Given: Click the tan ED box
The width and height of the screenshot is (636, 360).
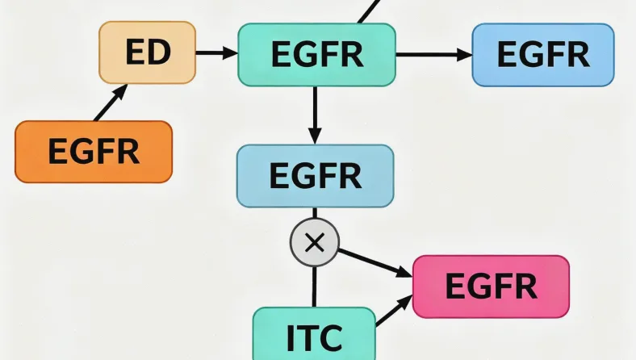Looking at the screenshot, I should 147,52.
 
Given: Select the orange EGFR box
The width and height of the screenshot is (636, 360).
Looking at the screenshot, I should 94,151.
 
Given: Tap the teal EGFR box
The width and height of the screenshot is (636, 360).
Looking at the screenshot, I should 316,54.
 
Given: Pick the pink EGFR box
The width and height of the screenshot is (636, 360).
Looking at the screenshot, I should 491,287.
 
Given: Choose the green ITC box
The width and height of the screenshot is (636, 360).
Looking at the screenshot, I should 314,333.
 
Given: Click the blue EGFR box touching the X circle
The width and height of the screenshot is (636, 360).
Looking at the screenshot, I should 315,175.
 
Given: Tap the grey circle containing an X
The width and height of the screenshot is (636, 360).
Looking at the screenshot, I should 315,242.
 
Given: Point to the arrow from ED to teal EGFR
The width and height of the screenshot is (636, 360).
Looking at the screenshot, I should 216,53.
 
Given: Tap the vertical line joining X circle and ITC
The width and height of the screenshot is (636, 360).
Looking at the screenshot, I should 315,287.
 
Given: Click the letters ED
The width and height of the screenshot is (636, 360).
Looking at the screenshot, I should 148,52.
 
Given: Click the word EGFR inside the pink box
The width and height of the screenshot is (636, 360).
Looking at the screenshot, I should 491,287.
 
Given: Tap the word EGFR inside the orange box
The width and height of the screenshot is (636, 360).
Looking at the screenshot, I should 94,151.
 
